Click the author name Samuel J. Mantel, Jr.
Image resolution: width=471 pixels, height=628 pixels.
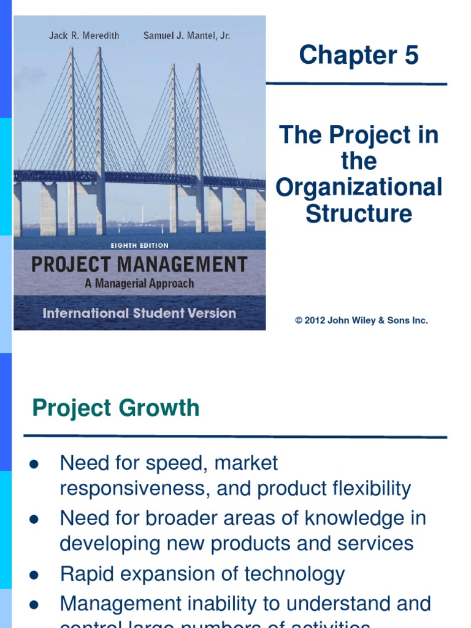(x=186, y=36)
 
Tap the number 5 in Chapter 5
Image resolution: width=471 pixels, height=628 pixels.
(x=410, y=55)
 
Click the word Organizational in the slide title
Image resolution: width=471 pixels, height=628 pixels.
(x=359, y=188)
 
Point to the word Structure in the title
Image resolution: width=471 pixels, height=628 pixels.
(x=359, y=214)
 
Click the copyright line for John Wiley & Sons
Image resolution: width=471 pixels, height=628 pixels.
(x=361, y=321)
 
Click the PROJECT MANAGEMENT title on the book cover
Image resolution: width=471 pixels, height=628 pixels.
(x=139, y=265)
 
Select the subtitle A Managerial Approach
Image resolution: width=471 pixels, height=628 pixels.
(x=139, y=283)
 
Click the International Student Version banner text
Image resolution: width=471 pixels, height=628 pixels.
(x=139, y=313)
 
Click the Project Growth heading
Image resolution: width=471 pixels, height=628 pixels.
(x=116, y=408)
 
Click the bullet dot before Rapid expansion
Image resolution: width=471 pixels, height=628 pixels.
(x=34, y=576)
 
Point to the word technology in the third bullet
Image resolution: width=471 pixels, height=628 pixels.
(x=294, y=574)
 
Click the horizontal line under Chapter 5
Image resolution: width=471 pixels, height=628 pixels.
(x=356, y=83)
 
